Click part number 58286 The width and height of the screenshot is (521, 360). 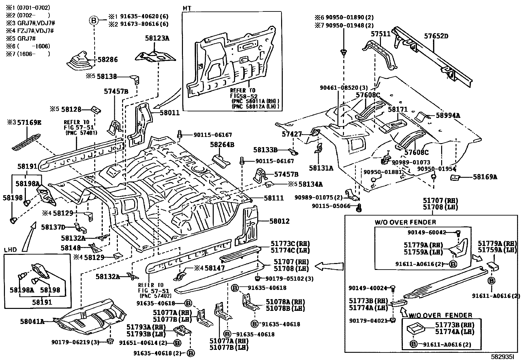point(108,60)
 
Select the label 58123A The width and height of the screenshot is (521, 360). point(157,38)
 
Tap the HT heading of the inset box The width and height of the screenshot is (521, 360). point(187,8)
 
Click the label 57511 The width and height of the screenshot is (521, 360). point(381,34)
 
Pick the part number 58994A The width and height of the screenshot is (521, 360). point(448,115)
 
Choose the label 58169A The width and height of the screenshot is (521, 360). point(485,177)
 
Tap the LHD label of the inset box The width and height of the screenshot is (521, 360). point(10,250)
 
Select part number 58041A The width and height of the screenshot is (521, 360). point(33,321)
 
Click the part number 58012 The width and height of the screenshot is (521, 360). point(279,221)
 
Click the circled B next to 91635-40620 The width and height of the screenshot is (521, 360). point(94,21)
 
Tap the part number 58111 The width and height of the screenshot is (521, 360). point(274,198)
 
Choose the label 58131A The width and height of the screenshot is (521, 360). point(321,168)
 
